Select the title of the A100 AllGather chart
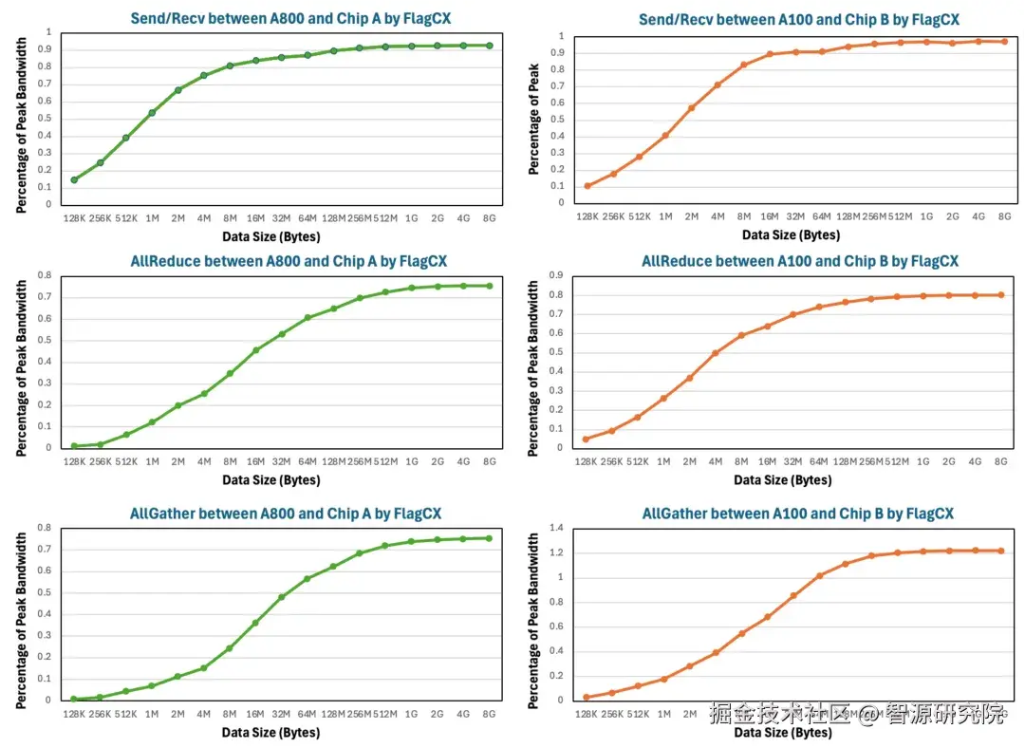pyautogui.click(x=797, y=514)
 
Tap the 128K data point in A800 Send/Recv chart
pyautogui.click(x=74, y=179)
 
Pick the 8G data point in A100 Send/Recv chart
pyautogui.click(x=1004, y=41)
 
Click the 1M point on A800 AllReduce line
pyautogui.click(x=152, y=422)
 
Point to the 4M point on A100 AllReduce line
pyautogui.click(x=715, y=353)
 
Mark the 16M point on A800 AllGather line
pyautogui.click(x=255, y=623)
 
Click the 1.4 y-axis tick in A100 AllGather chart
pyautogui.click(x=557, y=528)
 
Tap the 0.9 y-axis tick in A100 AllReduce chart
pyautogui.click(x=557, y=275)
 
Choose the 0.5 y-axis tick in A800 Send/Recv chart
pyautogui.click(x=46, y=119)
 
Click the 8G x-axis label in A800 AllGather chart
pyautogui.click(x=489, y=714)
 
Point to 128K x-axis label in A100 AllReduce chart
pyautogui.click(x=587, y=461)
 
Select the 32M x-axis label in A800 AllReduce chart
pyautogui.click(x=281, y=461)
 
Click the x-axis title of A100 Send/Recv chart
pyautogui.click(x=791, y=235)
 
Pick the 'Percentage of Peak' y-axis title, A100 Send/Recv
pyautogui.click(x=534, y=119)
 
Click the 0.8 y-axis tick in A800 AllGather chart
pyautogui.click(x=44, y=528)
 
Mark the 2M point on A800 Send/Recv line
pyautogui.click(x=177, y=90)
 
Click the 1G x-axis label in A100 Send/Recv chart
pyautogui.click(x=926, y=216)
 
